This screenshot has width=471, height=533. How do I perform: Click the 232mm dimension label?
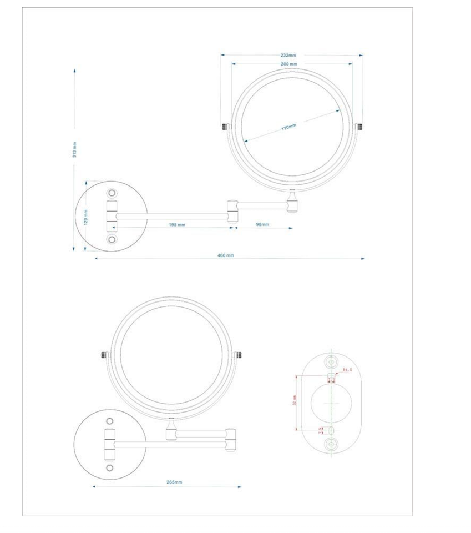[x=288, y=56]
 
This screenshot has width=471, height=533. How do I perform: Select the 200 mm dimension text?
[x=289, y=64]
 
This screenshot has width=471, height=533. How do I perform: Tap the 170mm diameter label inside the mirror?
[x=288, y=128]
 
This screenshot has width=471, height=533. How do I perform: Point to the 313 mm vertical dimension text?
[x=74, y=150]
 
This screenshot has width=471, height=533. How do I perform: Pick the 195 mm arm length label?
[x=177, y=225]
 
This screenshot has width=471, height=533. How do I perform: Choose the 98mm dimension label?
[x=262, y=225]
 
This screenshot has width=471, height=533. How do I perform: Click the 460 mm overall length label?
[x=226, y=255]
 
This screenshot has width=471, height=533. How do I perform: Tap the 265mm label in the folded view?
[x=174, y=482]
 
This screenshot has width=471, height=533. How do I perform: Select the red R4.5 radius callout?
[x=348, y=370]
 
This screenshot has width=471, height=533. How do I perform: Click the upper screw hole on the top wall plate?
[x=113, y=193]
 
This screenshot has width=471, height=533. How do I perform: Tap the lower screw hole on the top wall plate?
[x=113, y=239]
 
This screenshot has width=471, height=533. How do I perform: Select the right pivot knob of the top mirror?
[x=359, y=127]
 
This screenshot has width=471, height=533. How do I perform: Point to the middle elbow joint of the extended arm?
[x=233, y=207]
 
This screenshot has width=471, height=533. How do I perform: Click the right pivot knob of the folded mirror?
[x=239, y=355]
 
